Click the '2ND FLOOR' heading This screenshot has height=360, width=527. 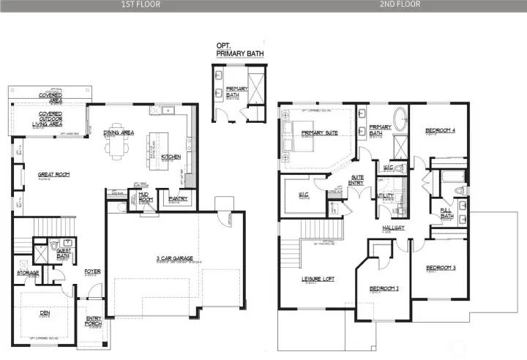pos(400,4)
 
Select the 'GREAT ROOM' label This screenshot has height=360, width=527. pos(53,174)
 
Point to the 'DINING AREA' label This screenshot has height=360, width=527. pos(118,132)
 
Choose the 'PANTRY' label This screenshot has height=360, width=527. pos(178,198)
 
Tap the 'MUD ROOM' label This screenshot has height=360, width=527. pos(146,197)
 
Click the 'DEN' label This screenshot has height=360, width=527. pos(45,313)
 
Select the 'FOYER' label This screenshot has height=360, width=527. pos(92,271)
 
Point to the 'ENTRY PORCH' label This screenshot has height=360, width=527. pos(94,320)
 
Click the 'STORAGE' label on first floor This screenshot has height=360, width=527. pos(28,273)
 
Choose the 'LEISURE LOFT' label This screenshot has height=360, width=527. pos(317,279)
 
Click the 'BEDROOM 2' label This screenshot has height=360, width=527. pos(384,288)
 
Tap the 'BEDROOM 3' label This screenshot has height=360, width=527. pos(440,268)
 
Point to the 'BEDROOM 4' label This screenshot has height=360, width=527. pos(440,131)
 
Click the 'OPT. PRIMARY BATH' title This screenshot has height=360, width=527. pos(238,50)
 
